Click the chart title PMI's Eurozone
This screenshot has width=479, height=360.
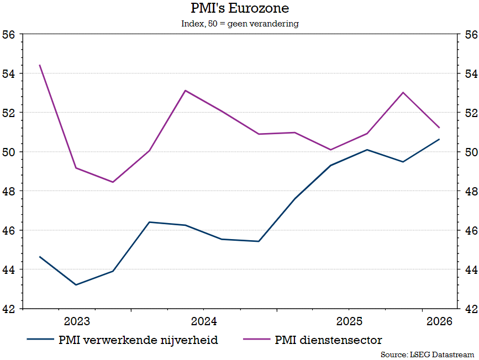click(239, 9)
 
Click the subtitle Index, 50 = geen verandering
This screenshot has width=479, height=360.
click(239, 24)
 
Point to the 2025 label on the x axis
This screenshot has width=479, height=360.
click(349, 321)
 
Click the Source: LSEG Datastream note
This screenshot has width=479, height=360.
click(427, 354)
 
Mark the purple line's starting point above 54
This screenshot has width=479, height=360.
click(40, 65)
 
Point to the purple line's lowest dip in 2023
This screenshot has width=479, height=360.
click(113, 182)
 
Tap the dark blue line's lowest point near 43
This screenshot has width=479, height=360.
click(76, 285)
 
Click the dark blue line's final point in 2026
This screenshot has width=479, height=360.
click(439, 139)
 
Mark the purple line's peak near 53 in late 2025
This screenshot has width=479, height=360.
click(403, 92)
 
